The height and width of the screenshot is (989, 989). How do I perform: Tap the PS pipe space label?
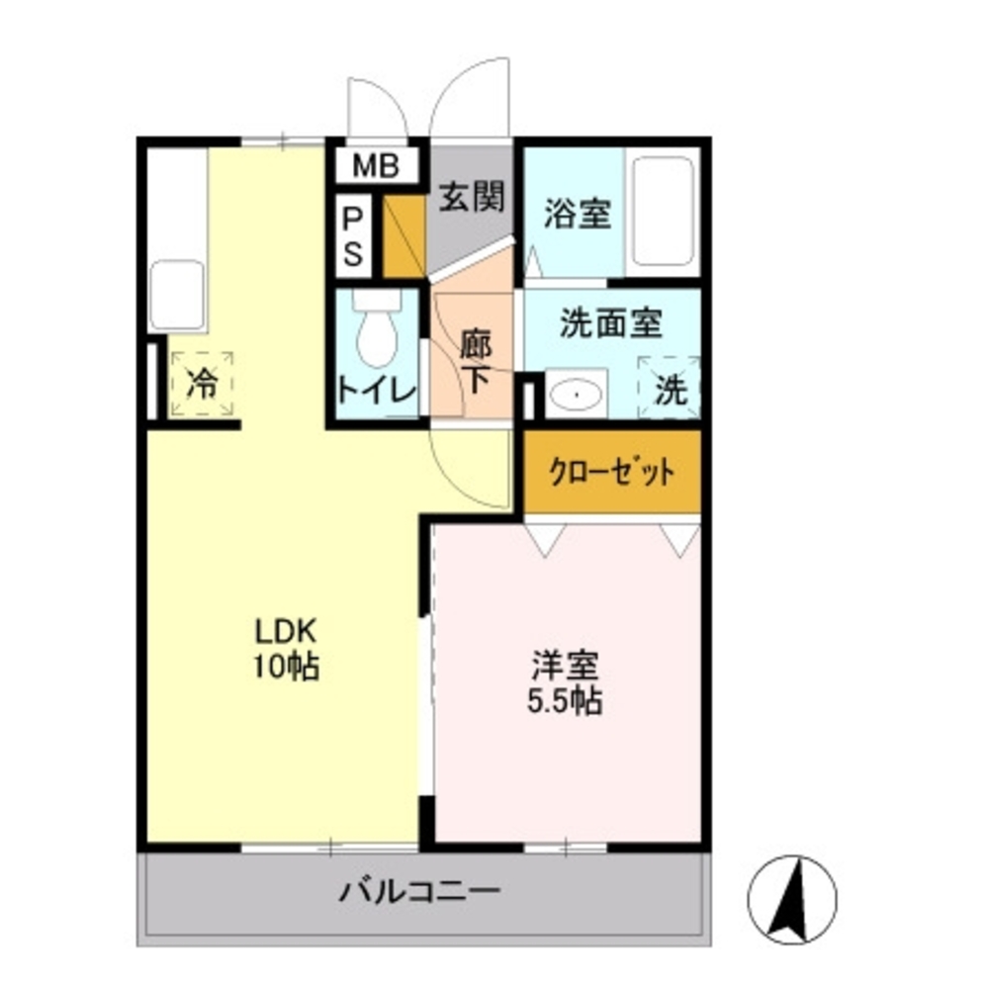[x=353, y=237]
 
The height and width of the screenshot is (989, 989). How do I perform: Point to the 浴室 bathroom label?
[x=578, y=215]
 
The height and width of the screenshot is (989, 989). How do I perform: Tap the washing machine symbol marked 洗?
[x=671, y=388]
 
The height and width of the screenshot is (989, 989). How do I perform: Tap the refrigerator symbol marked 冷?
[x=202, y=384]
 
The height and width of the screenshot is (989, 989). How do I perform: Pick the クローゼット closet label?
[x=613, y=472]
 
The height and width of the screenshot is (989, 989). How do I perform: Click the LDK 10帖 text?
[x=287, y=648]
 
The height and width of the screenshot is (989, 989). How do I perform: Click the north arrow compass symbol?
[x=792, y=899]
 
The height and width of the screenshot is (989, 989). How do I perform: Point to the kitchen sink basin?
[x=177, y=294]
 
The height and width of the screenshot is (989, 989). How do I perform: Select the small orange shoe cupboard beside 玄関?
[x=403, y=237]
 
